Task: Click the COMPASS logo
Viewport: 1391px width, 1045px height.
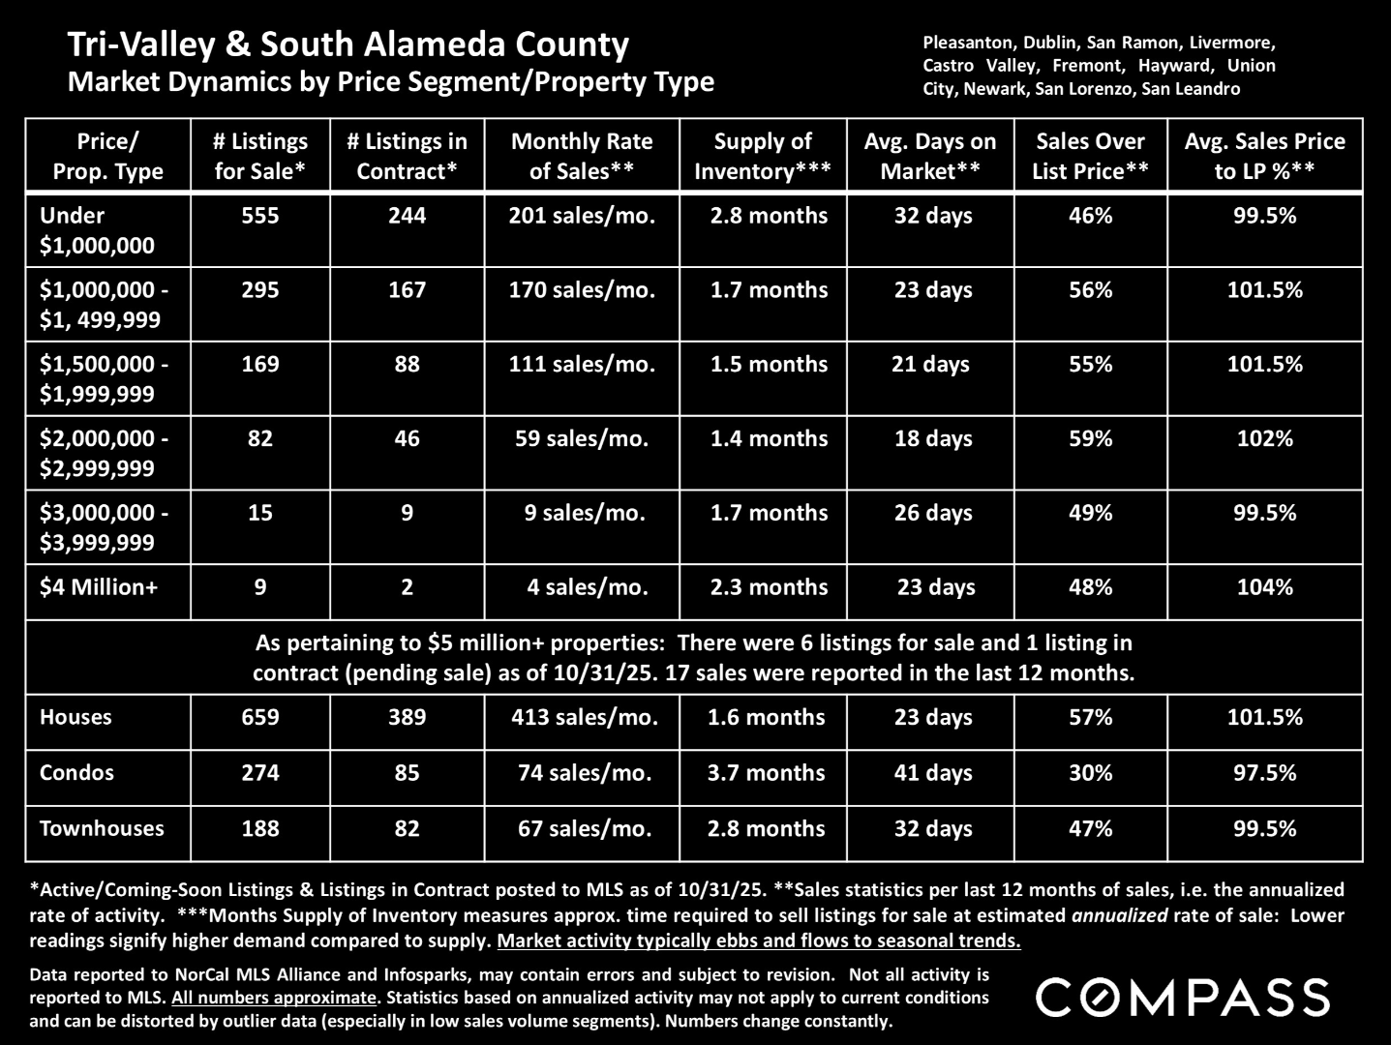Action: point(1183,998)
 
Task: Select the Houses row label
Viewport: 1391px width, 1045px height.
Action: point(76,717)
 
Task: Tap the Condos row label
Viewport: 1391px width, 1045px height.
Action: point(76,773)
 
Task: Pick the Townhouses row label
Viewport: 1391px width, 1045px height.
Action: point(102,828)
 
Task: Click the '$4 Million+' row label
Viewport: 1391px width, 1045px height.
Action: point(98,587)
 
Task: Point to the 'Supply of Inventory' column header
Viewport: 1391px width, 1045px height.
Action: point(763,156)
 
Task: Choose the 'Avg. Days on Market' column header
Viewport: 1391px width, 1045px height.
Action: point(930,156)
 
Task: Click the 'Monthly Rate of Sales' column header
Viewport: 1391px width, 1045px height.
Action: point(582,156)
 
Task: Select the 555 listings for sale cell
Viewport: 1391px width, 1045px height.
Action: point(259,216)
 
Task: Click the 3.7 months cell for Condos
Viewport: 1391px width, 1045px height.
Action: point(768,773)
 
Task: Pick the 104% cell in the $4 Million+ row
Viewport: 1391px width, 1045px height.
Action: point(1264,587)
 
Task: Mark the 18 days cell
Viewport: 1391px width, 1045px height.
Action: point(933,438)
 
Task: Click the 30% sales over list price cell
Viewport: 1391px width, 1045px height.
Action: point(1090,773)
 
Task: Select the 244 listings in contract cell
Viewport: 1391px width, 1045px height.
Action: point(407,216)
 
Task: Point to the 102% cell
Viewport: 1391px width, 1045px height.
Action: point(1264,438)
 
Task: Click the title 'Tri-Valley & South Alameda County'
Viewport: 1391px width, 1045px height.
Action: point(348,45)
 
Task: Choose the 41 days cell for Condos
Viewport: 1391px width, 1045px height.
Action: point(933,773)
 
